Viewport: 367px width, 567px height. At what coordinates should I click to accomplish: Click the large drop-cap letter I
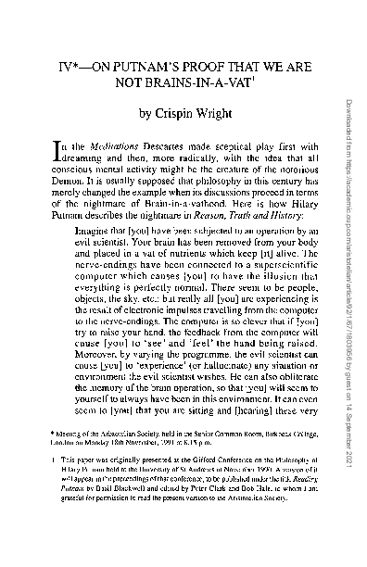[48, 160]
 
